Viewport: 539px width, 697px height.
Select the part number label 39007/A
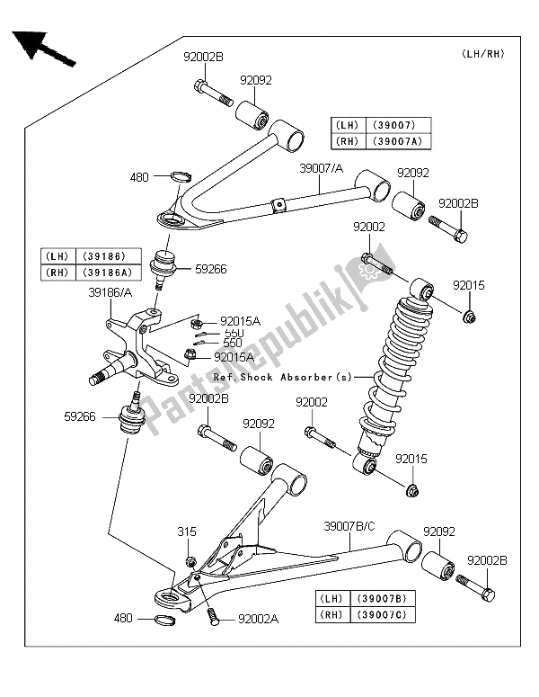[x=322, y=167]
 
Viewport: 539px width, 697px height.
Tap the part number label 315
[x=186, y=532]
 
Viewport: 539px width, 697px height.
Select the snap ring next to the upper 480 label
[x=179, y=177]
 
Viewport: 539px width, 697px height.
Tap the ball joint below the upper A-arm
[x=166, y=265]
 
